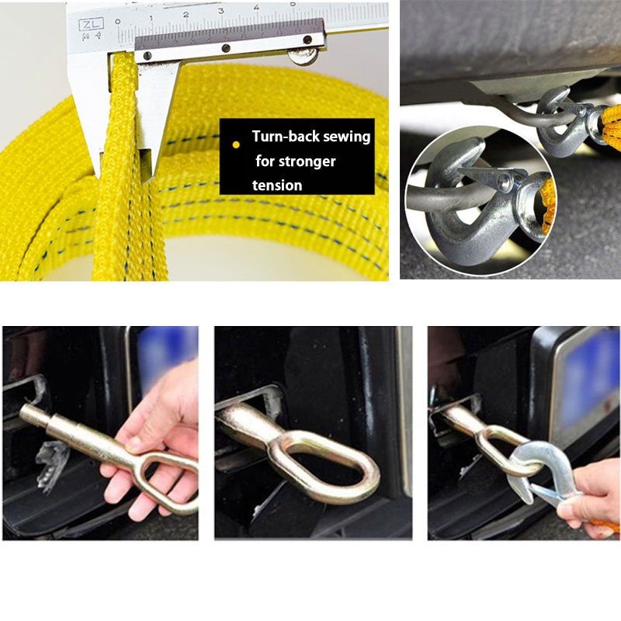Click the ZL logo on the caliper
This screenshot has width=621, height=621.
pyautogui.click(x=92, y=25)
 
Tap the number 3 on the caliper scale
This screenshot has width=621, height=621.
pyautogui.click(x=221, y=11)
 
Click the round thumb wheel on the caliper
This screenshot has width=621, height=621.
pyautogui.click(x=303, y=56)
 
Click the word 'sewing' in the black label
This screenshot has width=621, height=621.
pyautogui.click(x=346, y=137)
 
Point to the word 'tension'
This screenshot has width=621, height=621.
pyautogui.click(x=277, y=186)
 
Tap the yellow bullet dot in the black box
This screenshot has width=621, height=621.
pyautogui.click(x=236, y=145)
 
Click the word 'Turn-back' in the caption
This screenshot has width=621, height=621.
pyautogui.click(x=286, y=137)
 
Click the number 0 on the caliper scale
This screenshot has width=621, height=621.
pyautogui.click(x=117, y=21)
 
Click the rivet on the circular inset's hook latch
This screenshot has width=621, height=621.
pyautogui.click(x=504, y=181)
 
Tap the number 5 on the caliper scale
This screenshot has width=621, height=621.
pyautogui.click(x=292, y=4)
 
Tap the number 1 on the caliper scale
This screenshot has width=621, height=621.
pyautogui.click(x=151, y=18)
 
